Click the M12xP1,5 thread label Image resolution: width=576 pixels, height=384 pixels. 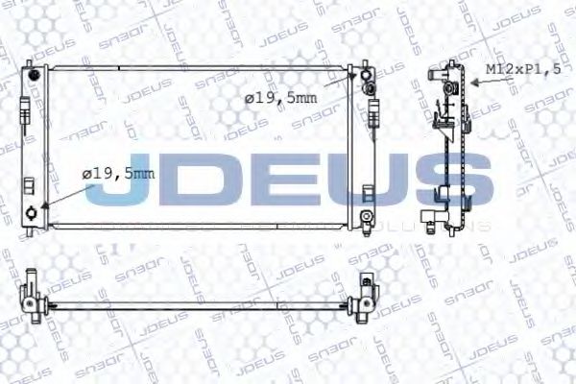pos(520,69)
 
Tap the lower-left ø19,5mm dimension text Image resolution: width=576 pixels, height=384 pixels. pos(118,174)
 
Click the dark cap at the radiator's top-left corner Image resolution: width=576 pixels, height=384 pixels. pos(36,73)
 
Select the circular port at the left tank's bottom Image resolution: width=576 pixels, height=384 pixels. pos(35,212)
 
